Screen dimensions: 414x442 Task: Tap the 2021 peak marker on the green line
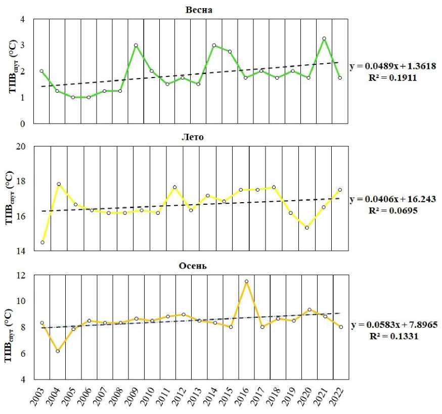click(324, 39)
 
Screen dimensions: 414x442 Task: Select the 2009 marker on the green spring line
click(136, 45)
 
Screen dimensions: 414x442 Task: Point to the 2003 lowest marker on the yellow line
click(42, 242)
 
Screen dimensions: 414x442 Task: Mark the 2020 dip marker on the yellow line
click(307, 228)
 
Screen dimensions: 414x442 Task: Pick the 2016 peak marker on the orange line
click(246, 281)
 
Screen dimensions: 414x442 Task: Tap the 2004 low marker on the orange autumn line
click(58, 351)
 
